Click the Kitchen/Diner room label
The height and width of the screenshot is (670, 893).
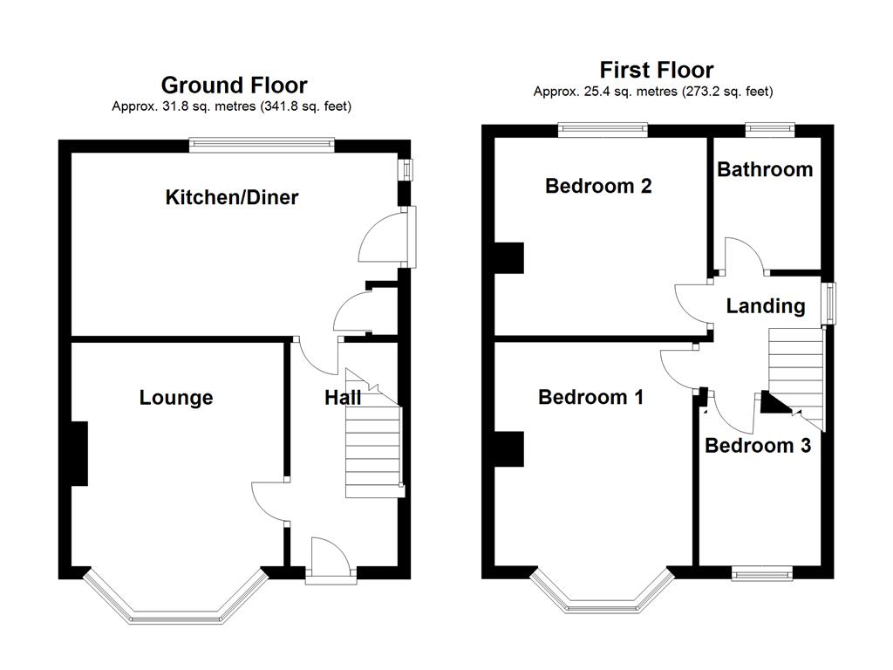[x=232, y=197]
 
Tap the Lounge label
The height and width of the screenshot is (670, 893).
[x=176, y=398]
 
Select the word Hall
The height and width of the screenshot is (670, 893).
[x=343, y=398]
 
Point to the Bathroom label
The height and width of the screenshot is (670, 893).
[x=765, y=169]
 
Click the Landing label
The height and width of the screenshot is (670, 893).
[x=766, y=306]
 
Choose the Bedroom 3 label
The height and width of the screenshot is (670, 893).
[x=758, y=445]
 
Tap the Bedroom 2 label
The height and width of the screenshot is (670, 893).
[x=598, y=186]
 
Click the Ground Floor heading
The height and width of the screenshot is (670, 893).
[x=234, y=85]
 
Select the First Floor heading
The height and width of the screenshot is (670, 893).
[x=657, y=70]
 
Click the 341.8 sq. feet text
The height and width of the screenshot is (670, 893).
[x=306, y=106]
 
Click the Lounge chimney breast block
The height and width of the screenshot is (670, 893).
[x=79, y=454]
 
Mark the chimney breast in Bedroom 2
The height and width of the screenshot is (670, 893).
[x=509, y=258]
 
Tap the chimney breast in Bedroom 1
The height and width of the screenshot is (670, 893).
[x=509, y=449]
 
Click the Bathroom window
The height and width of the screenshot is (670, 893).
[x=770, y=129]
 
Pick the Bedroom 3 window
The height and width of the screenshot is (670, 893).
[x=762, y=573]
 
